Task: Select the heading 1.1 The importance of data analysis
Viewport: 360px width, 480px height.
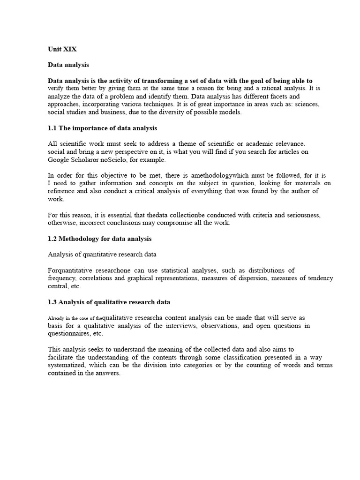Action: pyautogui.click(x=103, y=128)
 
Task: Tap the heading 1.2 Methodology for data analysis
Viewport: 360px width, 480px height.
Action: pyautogui.click(x=100, y=239)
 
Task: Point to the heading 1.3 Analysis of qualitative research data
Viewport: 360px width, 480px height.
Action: pyautogui.click(x=109, y=302)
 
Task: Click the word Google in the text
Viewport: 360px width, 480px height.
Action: pyautogui.click(x=59, y=159)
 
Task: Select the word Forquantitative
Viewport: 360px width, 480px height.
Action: pyautogui.click(x=71, y=270)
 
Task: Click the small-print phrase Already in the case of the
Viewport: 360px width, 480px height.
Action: pyautogui.click(x=75, y=318)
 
